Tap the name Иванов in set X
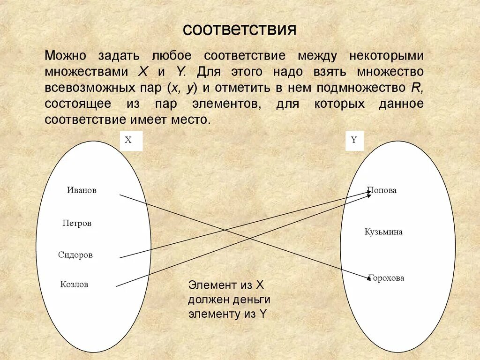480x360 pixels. (x=82, y=190)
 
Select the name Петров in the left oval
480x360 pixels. (x=77, y=223)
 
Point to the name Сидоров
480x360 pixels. (x=75, y=255)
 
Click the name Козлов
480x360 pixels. (x=74, y=284)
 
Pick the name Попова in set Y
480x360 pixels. (x=382, y=190)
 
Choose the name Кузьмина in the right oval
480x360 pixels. (x=383, y=232)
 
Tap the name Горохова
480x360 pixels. (x=386, y=278)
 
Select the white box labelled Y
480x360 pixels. (x=354, y=140)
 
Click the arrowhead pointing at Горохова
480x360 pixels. (x=369, y=279)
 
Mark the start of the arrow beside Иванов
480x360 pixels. (x=120, y=195)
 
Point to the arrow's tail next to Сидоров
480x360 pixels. (x=120, y=257)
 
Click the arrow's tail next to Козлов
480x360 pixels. (x=117, y=285)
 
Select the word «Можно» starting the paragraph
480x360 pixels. (x=66, y=56)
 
